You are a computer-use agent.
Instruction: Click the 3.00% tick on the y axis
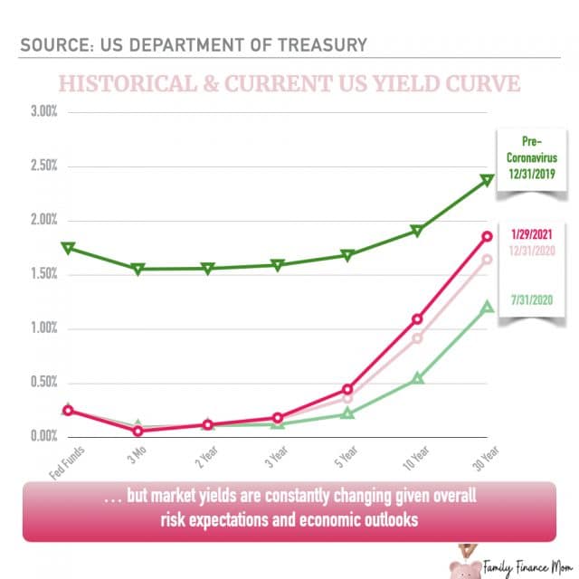point(42,112)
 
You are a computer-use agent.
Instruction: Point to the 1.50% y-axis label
point(42,274)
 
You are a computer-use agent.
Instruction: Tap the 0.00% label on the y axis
point(42,436)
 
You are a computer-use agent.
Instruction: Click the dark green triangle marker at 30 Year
point(487,180)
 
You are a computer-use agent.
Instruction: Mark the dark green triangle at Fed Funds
point(68,248)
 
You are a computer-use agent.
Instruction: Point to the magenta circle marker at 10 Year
point(417,318)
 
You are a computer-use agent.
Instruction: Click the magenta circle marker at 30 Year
point(487,236)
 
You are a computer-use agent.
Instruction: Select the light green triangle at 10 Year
point(417,378)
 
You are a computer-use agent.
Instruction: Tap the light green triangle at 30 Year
point(487,307)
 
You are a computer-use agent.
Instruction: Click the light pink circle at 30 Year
point(487,260)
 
